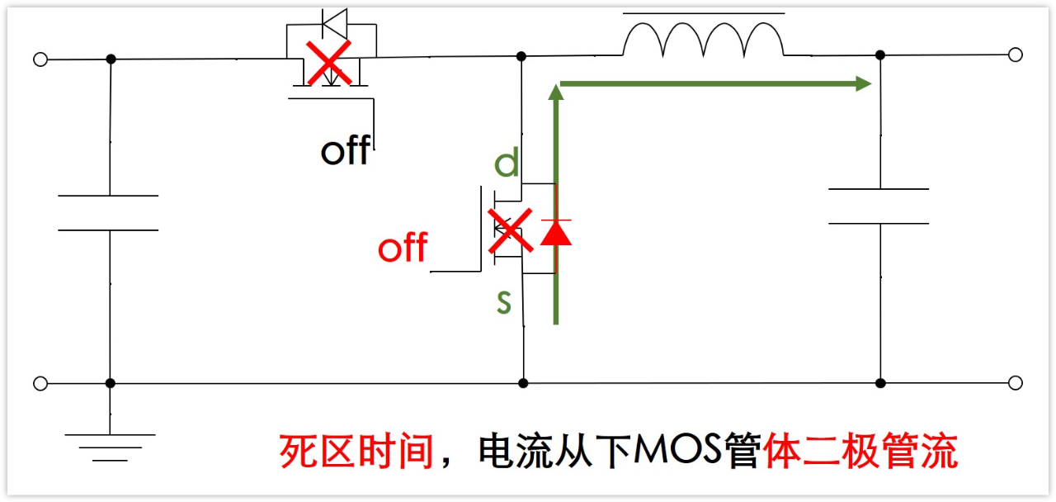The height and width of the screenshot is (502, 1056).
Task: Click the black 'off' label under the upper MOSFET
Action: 344,151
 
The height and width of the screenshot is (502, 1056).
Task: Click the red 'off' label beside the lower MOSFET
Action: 403,248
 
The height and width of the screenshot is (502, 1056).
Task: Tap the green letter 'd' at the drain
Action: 507,163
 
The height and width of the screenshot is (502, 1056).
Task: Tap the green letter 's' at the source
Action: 504,302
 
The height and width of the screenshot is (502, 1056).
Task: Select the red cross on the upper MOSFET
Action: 328,62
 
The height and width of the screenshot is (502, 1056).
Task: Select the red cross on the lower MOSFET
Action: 510,231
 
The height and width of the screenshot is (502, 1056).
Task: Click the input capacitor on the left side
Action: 109,213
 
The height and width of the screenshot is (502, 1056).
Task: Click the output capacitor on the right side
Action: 879,206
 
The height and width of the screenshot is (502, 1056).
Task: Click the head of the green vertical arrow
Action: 556,92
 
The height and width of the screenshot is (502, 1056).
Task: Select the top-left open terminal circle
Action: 40,59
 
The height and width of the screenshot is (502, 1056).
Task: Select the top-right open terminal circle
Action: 1016,55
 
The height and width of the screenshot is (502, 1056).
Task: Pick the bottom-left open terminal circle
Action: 40,383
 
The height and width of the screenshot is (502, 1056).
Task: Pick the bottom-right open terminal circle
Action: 1016,383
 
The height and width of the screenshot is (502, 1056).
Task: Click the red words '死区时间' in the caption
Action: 356,452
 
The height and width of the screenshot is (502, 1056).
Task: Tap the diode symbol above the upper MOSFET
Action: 335,22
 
